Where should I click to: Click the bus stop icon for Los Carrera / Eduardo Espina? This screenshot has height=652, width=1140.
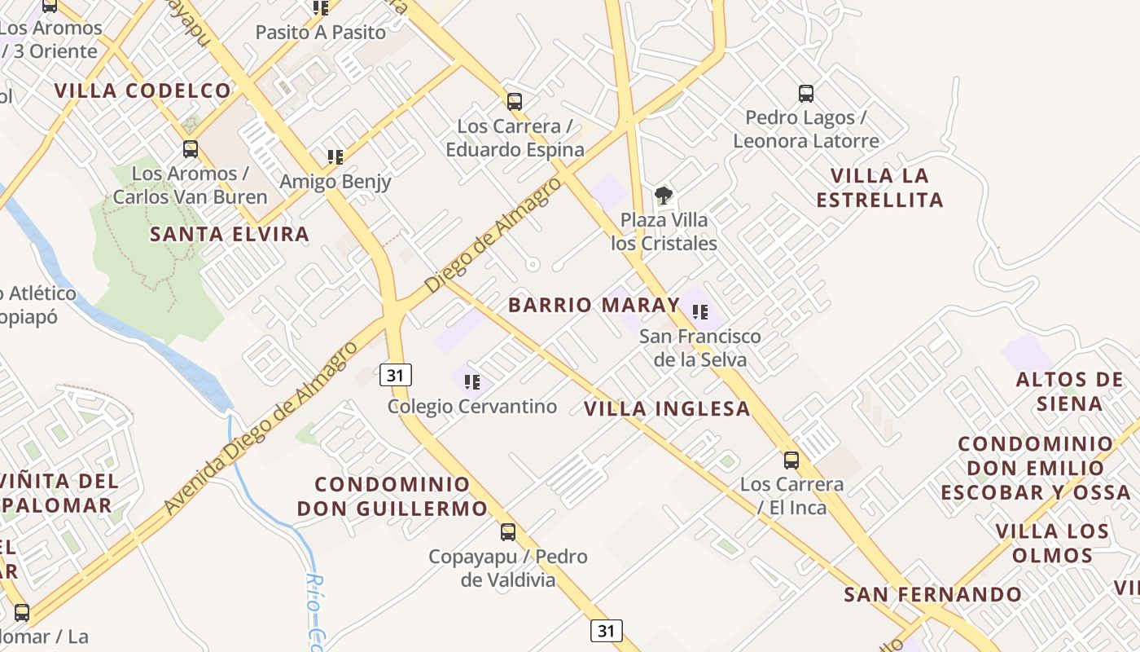(x=515, y=102)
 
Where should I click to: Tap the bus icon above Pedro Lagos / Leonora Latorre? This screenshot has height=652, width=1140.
(x=806, y=94)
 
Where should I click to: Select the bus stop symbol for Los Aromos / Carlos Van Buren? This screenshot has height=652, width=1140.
(x=191, y=149)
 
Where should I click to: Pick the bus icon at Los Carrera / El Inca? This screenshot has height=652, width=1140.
(x=791, y=460)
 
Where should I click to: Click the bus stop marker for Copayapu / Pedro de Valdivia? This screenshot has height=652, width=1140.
(x=508, y=532)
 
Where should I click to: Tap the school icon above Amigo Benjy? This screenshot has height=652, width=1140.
(x=335, y=156)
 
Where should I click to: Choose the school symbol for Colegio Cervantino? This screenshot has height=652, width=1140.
(x=472, y=381)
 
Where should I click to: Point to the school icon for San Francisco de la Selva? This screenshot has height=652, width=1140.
(x=700, y=312)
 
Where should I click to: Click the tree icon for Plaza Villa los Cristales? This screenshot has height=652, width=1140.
(x=664, y=196)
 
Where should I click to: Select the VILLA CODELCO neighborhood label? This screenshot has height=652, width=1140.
(x=143, y=90)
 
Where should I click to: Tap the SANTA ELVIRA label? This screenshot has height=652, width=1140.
(x=230, y=235)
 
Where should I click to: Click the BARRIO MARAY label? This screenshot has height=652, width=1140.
(x=594, y=306)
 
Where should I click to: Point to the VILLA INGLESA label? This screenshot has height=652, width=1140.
(x=668, y=409)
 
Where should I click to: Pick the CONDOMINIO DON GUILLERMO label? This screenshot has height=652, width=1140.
(x=392, y=496)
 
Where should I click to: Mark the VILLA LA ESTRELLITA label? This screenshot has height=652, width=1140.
(x=880, y=187)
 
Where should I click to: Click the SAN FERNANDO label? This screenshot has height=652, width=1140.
(x=932, y=595)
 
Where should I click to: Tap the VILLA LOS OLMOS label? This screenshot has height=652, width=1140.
(x=1052, y=544)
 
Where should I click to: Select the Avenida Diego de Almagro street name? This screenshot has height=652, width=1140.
(x=261, y=428)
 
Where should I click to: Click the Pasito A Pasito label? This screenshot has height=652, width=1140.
(x=321, y=33)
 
